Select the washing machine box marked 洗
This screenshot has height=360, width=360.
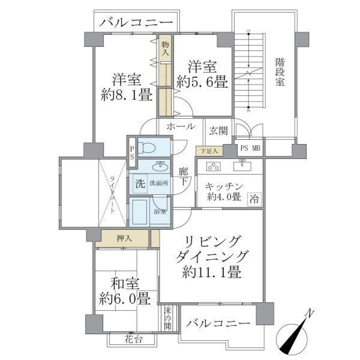click(x=139, y=184)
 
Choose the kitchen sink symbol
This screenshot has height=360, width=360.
click(x=241, y=165)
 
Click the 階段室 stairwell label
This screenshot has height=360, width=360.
click(x=279, y=72)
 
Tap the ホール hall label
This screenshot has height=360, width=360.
click(x=180, y=126)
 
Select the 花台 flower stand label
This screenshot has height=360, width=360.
click(x=133, y=340)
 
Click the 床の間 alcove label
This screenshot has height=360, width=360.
click(x=167, y=318)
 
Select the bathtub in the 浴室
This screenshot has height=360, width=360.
click(x=139, y=212)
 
